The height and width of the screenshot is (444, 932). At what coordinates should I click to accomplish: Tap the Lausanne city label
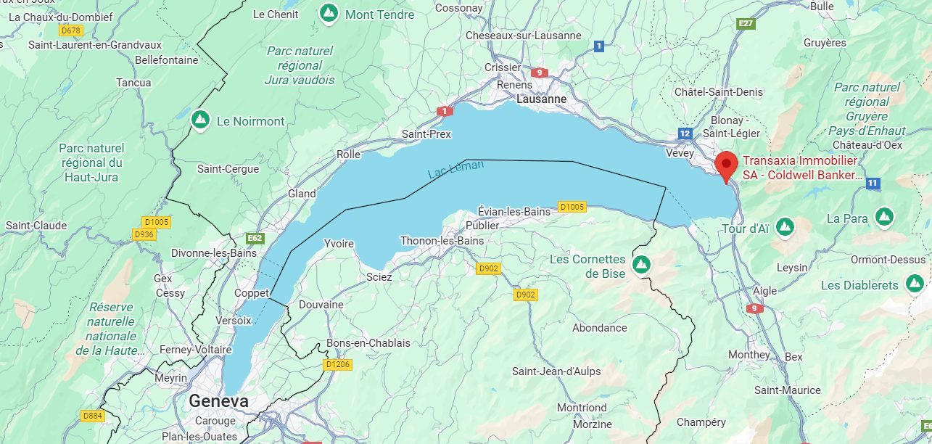541,99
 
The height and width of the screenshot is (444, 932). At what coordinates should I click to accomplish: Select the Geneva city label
218,401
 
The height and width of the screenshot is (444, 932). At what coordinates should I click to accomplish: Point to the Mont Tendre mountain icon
329,13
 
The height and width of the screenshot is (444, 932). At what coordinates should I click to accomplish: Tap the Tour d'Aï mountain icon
784,228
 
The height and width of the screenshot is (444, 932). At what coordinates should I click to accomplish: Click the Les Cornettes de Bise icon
640,265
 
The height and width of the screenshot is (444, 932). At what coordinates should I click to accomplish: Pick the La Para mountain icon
883,217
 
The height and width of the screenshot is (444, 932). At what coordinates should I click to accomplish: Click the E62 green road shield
255,237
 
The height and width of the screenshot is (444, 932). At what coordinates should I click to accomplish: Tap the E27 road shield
745,24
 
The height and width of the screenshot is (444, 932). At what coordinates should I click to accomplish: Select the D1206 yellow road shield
338,364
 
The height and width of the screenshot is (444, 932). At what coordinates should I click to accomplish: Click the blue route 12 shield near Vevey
685,133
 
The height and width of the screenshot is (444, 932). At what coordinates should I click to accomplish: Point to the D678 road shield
71,30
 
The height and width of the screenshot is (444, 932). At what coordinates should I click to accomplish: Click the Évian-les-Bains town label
514,211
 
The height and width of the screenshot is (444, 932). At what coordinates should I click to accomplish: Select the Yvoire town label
338,243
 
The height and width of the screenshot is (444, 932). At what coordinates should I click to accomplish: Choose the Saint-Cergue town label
228,169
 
